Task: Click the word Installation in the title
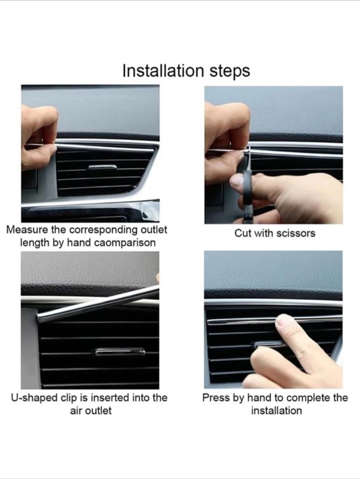click(x=163, y=71)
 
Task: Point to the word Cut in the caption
click(x=243, y=233)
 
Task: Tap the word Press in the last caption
click(x=216, y=398)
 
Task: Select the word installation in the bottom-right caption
click(x=276, y=411)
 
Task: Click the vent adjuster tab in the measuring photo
click(x=103, y=167)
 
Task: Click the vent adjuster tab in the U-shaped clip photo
click(x=120, y=352)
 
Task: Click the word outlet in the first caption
click(x=154, y=230)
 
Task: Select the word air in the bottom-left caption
click(x=76, y=411)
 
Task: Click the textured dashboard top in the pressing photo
click(x=273, y=271)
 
